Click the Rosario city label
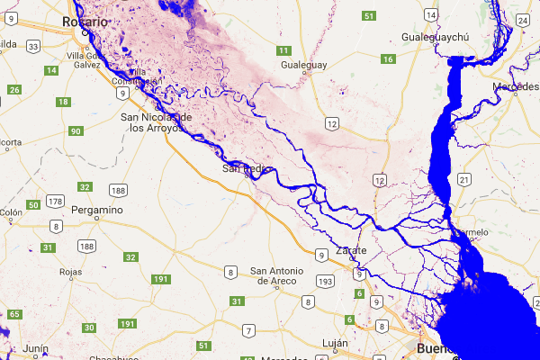(80, 21)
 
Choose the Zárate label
(350, 249)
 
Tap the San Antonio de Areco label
(283, 275)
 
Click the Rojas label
(69, 271)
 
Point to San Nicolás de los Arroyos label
(157, 122)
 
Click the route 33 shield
(33, 45)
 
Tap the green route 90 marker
(76, 131)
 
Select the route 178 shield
(56, 201)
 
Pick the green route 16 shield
(389, 59)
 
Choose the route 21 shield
(463, 180)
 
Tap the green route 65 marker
(14, 314)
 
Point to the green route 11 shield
(284, 50)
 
